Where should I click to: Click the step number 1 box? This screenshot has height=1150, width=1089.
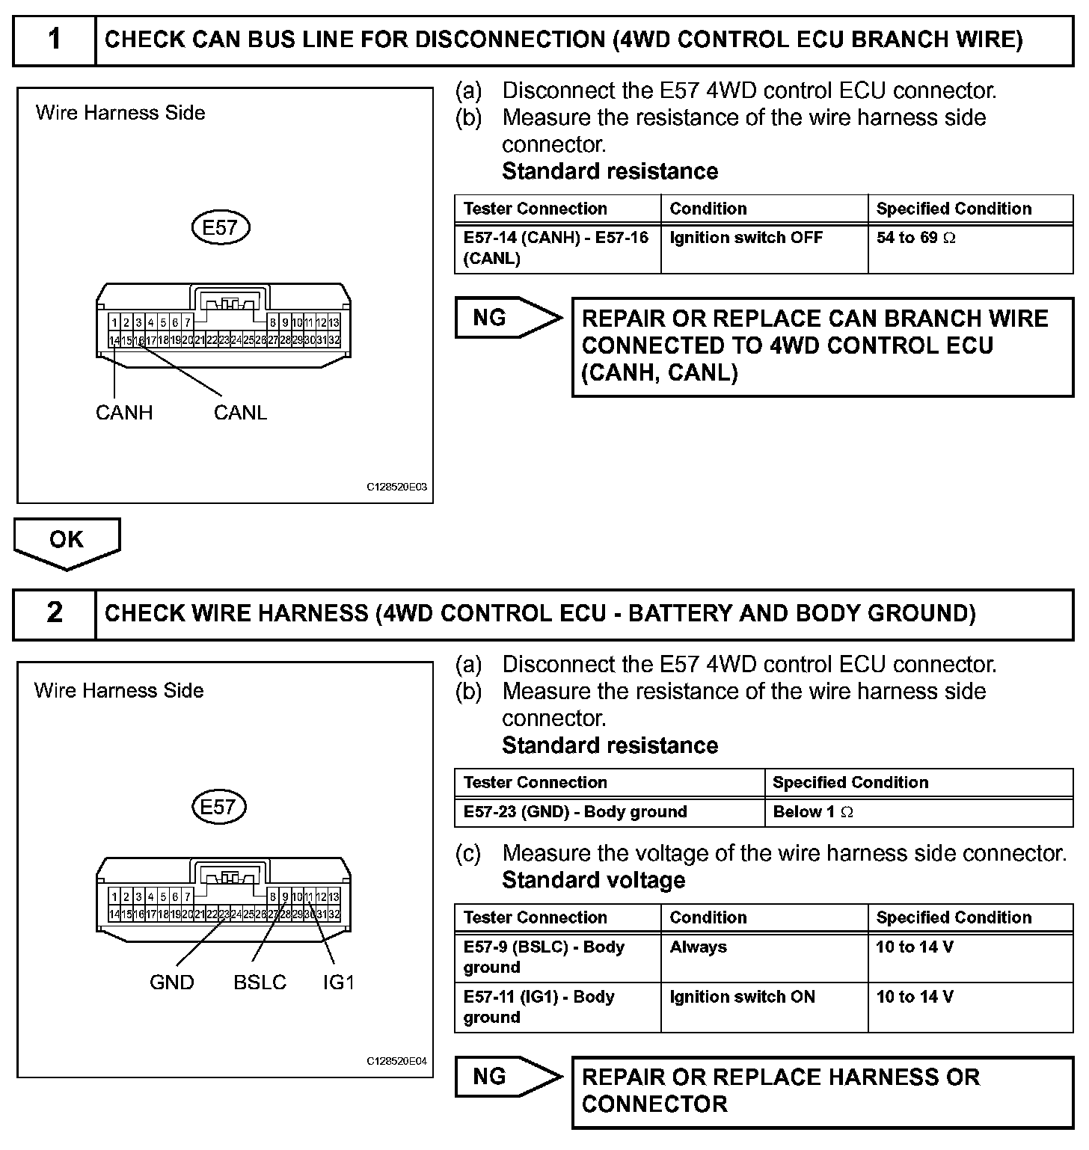click(55, 40)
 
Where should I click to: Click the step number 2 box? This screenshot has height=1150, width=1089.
click(55, 613)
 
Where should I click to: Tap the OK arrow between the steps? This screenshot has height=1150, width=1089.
click(67, 541)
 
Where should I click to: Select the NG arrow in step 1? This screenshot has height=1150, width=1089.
click(506, 319)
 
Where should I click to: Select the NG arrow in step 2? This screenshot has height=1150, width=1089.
click(506, 1077)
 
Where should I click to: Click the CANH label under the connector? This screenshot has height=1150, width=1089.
click(124, 413)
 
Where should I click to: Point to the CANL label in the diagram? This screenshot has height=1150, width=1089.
click(240, 413)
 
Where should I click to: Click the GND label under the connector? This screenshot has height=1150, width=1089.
click(172, 983)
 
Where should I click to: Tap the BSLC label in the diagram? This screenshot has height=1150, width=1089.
click(260, 983)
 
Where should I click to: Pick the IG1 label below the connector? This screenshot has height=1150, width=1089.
click(338, 983)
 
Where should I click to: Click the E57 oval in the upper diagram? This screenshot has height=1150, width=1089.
click(220, 227)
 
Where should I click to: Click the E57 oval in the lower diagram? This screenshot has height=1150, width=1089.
click(218, 807)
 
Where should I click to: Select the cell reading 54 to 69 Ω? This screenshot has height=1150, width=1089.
click(969, 248)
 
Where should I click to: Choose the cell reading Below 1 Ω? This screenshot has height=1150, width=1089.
click(918, 812)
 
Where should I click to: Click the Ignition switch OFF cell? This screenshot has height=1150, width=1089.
click(764, 248)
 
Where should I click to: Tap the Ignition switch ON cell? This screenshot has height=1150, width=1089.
click(764, 1006)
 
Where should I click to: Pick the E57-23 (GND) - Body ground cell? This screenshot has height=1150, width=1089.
click(609, 812)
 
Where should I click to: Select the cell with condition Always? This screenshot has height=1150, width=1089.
click(764, 957)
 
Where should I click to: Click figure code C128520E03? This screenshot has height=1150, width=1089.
click(396, 487)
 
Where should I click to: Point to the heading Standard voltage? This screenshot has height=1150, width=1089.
click(593, 880)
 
